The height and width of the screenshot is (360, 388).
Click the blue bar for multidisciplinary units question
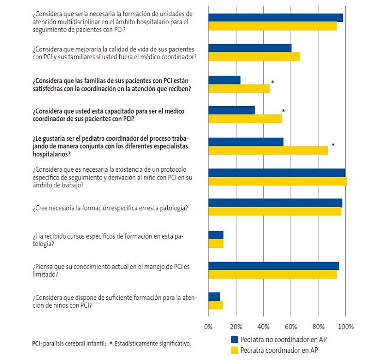pyautogui.click(x=275, y=18)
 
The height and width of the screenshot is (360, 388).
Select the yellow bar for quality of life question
pyautogui.click(x=254, y=57)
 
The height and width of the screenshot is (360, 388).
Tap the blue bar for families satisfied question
pyautogui.click(x=224, y=80)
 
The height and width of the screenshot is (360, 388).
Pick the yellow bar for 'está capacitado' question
pyautogui.click(x=245, y=119)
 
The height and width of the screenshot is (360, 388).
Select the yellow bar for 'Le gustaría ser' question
pyautogui.click(x=268, y=150)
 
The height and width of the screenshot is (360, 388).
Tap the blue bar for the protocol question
pyautogui.click(x=276, y=173)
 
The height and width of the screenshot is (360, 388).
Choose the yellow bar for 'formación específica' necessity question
pyautogui.click(x=275, y=212)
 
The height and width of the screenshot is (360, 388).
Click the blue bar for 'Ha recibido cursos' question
pyautogui.click(x=216, y=235)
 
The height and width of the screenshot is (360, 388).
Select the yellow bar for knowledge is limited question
pyautogui.click(x=273, y=275)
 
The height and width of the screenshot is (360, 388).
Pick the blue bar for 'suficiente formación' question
pyautogui.click(x=214, y=296)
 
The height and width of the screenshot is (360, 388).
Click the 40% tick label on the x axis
pyautogui.click(x=263, y=326)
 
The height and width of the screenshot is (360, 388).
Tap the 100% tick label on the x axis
pyautogui.click(x=346, y=326)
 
